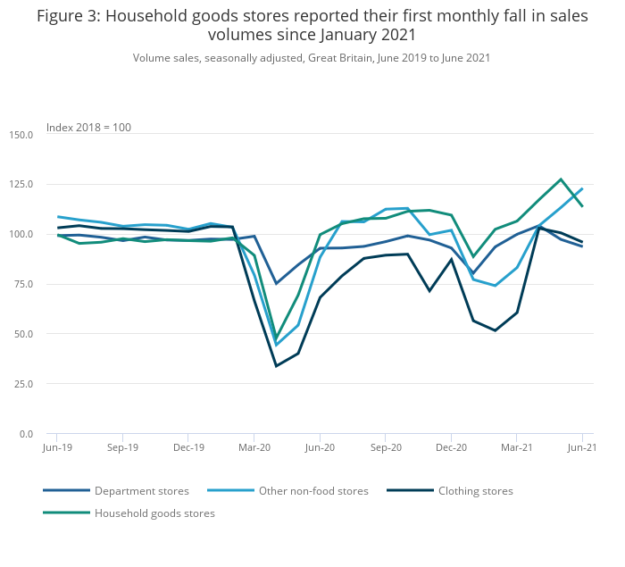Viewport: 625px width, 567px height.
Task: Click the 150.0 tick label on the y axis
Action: (x=21, y=135)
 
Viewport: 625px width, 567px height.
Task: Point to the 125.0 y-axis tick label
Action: (x=21, y=185)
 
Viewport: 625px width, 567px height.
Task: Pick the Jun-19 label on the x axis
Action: (x=57, y=446)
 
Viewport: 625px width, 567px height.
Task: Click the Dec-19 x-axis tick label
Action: (x=188, y=446)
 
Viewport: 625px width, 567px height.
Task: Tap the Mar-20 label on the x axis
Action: (x=254, y=446)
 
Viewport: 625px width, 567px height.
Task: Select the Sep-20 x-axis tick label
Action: (x=385, y=446)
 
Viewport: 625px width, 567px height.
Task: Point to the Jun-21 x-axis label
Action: (x=582, y=446)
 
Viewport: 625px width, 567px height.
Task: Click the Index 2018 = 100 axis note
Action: (x=88, y=128)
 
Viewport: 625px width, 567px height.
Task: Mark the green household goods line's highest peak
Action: (x=561, y=179)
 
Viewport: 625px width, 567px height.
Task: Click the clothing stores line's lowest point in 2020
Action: (x=277, y=366)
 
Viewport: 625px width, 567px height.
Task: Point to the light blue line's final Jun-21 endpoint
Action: (x=582, y=188)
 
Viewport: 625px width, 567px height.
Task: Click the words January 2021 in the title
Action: (x=368, y=35)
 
